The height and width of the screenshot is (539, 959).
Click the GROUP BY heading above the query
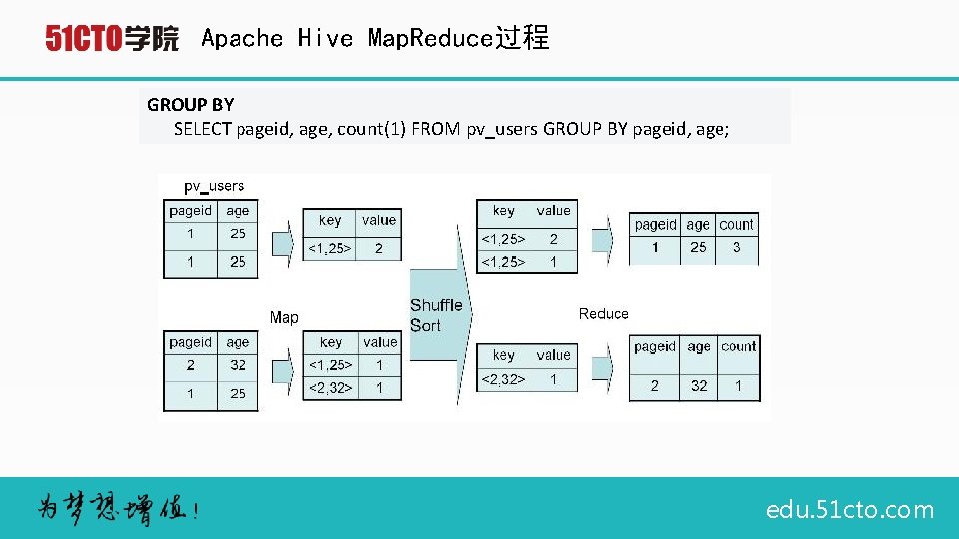[x=190, y=104]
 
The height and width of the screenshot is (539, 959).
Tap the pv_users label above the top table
[x=214, y=186]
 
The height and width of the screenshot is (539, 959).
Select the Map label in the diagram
[x=284, y=317]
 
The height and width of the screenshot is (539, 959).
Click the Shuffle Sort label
[x=436, y=315]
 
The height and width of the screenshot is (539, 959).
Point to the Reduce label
[x=604, y=314]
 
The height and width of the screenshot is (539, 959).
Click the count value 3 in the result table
[x=736, y=247]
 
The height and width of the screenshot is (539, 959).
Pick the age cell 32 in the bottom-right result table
[x=699, y=385]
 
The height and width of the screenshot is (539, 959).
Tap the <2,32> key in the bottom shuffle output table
[x=504, y=379]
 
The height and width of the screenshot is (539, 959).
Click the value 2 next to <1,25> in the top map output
[x=379, y=248]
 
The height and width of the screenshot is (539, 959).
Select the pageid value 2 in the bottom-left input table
[x=190, y=365]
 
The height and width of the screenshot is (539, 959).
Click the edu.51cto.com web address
[x=850, y=510]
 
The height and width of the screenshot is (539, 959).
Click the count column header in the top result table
[x=736, y=225]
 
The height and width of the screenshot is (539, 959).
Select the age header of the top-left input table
[x=238, y=211]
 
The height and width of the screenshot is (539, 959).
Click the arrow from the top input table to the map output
[x=282, y=240]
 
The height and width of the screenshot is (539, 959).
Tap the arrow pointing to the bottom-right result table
[x=601, y=367]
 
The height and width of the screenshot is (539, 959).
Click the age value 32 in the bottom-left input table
[x=238, y=365]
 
